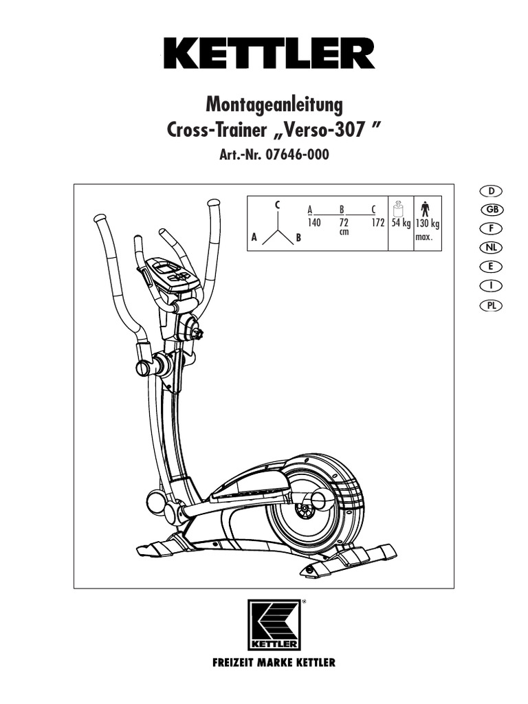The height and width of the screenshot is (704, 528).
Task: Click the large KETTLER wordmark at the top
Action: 269,53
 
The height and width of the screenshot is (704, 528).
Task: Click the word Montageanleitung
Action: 274,106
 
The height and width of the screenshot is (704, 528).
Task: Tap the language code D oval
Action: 490,190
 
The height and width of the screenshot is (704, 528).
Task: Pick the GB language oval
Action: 490,209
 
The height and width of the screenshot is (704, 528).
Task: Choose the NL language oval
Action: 490,247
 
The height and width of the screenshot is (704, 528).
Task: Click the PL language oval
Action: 490,305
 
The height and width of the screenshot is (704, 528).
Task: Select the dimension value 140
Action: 315,223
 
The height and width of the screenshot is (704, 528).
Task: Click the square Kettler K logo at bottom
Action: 274,624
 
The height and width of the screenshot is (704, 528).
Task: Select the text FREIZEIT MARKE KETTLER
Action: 274,663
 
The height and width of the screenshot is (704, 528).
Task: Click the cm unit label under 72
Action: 344,232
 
